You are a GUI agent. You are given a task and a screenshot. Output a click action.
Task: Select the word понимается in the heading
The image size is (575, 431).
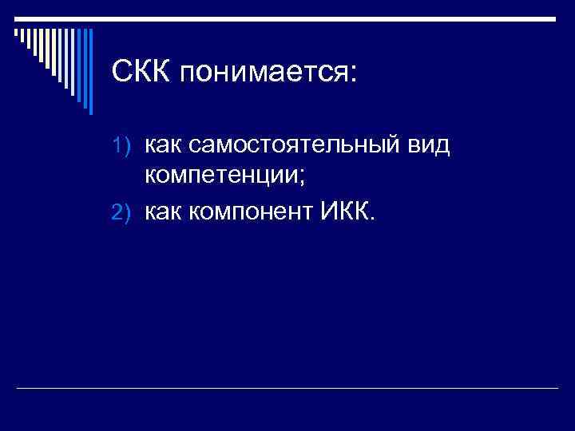click(259, 76)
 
